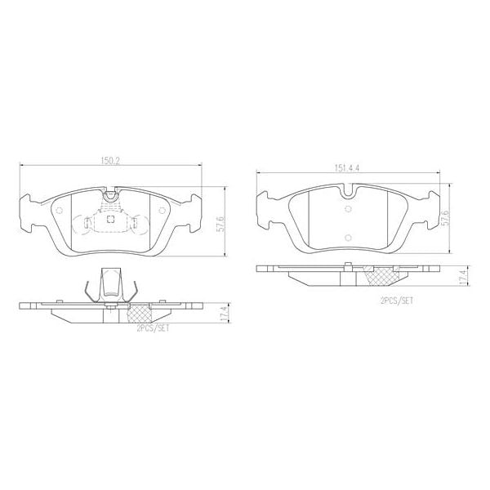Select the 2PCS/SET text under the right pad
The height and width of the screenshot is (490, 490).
click(397, 301)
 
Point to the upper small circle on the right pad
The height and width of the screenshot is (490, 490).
click(350, 207)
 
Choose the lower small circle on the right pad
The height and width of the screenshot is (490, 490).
click(350, 239)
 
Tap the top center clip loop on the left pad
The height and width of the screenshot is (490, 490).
click(110, 195)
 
